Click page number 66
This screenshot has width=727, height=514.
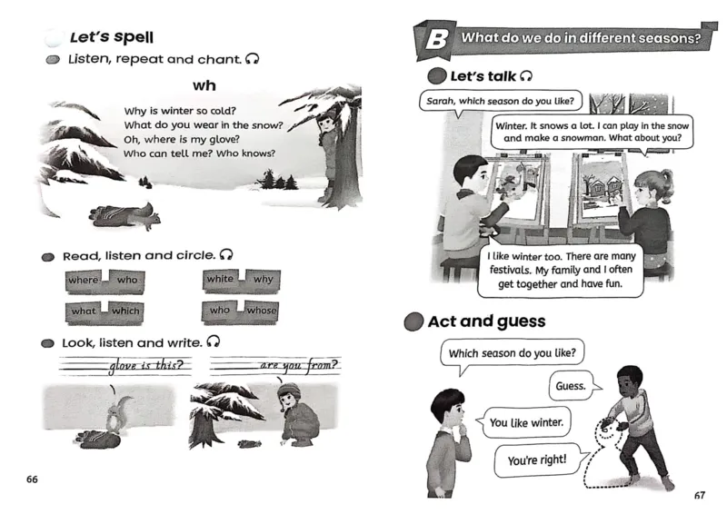click(x=33, y=479)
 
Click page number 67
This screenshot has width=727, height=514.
click(x=699, y=495)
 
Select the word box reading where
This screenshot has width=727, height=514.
click(x=84, y=281)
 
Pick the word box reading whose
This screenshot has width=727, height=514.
click(x=262, y=311)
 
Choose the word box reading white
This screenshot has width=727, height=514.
click(x=220, y=280)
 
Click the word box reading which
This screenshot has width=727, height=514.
click(x=125, y=311)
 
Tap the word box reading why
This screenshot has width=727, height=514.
click(x=263, y=280)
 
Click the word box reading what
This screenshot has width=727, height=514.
click(x=84, y=311)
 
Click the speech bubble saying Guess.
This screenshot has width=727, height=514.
click(x=573, y=386)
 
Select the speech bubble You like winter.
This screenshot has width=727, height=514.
click(x=525, y=422)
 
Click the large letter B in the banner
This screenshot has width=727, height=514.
click(x=436, y=40)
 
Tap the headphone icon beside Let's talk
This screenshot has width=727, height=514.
click(x=524, y=75)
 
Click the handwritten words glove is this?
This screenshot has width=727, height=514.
click(x=150, y=367)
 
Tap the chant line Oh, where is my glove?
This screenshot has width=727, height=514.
click(x=181, y=139)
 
